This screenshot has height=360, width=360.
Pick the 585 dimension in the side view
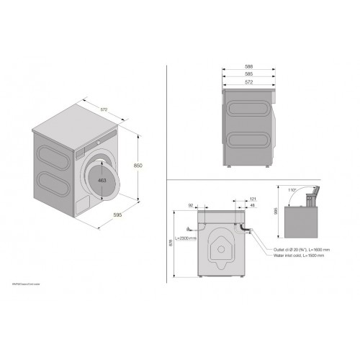[x=248, y=74]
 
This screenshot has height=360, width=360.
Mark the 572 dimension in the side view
[x=248, y=82]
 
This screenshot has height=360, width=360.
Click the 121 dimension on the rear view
[x=253, y=199]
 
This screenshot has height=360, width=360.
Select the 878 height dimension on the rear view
[x=170, y=244]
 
